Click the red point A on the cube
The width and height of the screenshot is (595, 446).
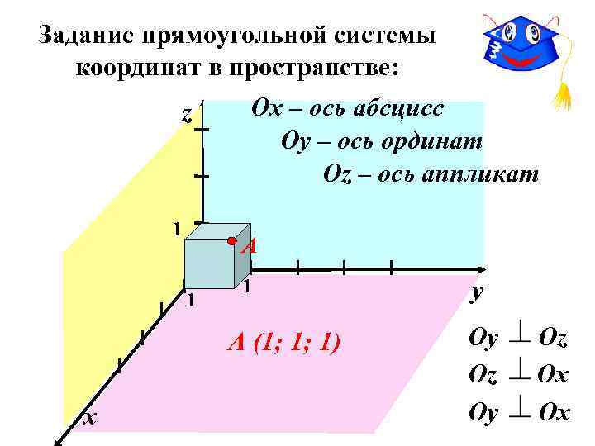[x=234, y=241]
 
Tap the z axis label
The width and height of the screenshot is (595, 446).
[x=187, y=116]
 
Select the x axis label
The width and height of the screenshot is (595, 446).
[x=90, y=419]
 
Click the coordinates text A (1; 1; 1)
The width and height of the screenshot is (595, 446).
[x=284, y=341]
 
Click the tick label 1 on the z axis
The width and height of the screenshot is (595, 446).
[x=175, y=227]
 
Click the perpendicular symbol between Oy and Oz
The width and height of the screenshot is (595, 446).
[x=520, y=338]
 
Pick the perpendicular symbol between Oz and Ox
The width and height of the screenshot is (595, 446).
[x=520, y=375]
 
